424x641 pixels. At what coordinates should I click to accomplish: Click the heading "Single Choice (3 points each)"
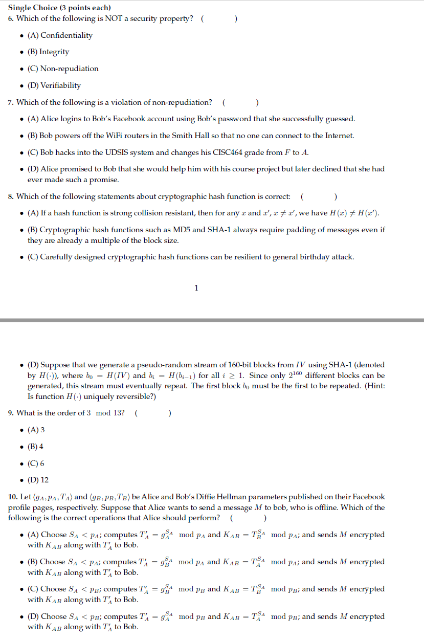[x=59, y=8]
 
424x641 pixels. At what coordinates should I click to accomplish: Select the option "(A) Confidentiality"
[x=60, y=35]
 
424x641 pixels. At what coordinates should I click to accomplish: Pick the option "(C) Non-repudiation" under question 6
[x=63, y=69]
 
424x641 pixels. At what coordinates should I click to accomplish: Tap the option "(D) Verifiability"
[x=54, y=85]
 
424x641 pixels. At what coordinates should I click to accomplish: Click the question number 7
[x=11, y=102]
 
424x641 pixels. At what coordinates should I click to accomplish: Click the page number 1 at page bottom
[x=196, y=288]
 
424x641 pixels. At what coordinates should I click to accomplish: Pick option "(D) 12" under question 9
[x=38, y=480]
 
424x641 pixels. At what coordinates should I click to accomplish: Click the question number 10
[x=12, y=497]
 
